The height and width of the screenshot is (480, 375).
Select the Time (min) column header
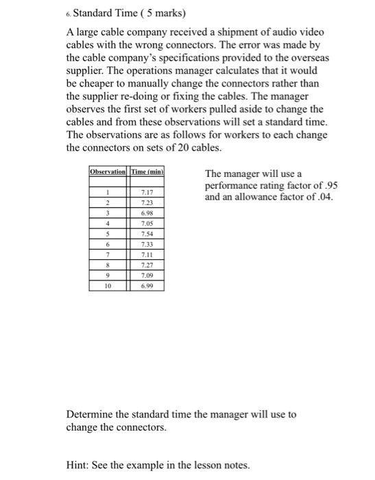pyautogui.click(x=145, y=171)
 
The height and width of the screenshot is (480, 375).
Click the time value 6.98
pyautogui.click(x=146, y=213)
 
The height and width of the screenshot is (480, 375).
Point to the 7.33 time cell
pyautogui.click(x=146, y=245)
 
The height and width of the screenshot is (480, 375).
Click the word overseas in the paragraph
pyautogui.click(x=306, y=58)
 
